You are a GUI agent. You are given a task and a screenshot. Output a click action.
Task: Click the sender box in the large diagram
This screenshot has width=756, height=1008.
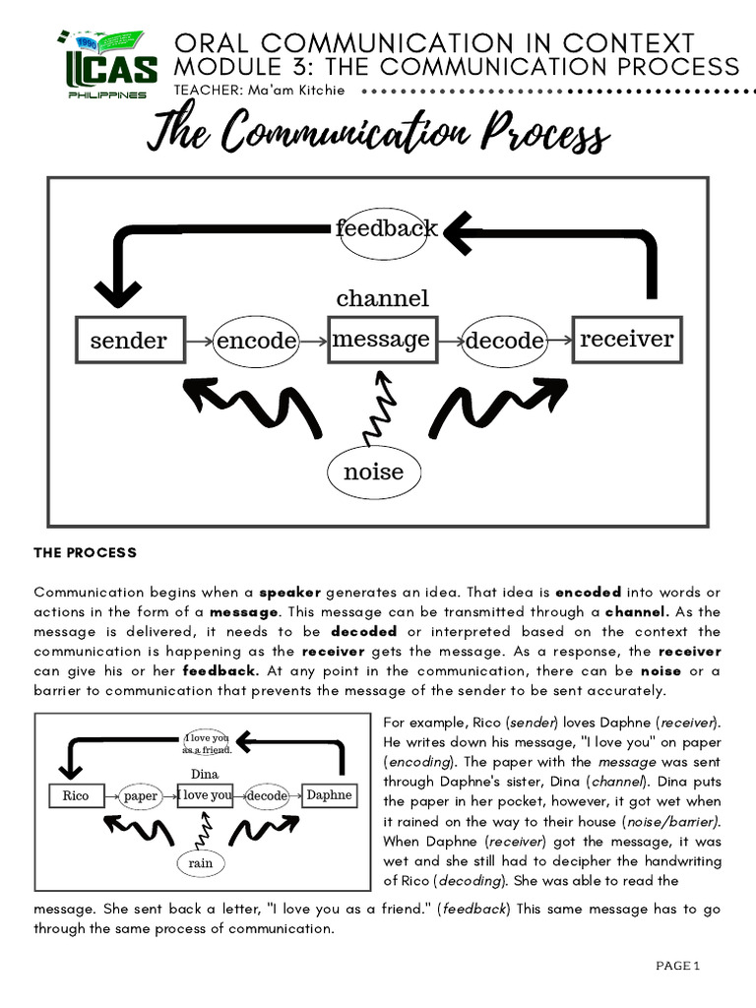pos(129,341)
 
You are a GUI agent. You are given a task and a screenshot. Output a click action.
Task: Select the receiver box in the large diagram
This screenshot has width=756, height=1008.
pos(626,340)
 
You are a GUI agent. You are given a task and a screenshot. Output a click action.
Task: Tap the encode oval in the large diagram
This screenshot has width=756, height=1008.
pos(256,341)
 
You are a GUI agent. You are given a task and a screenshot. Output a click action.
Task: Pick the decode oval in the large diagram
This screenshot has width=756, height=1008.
pos(504,341)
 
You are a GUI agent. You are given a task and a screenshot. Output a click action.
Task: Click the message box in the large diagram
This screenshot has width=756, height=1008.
pos(381,340)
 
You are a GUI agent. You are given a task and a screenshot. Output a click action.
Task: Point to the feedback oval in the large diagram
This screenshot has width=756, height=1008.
pos(387,229)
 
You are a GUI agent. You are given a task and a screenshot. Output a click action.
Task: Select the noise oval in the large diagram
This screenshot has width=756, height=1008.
pos(374,472)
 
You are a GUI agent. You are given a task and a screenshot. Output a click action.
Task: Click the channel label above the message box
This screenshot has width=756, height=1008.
pos(382,298)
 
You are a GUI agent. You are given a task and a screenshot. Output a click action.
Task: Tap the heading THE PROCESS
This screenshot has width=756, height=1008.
pos(86,553)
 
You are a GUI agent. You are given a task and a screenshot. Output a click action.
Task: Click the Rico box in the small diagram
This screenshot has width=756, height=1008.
pos(76,795)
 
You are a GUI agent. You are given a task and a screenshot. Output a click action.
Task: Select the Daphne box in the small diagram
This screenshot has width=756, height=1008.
pos(329,794)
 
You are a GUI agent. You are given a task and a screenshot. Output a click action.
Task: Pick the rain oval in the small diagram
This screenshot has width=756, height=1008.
pos(201,863)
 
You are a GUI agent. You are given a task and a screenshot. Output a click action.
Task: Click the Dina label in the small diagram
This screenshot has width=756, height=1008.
pos(204,775)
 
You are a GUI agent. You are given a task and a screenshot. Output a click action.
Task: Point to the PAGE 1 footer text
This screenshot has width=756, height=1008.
pos(677,966)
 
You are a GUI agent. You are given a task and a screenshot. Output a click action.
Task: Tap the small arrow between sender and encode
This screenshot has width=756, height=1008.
pos(198,341)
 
